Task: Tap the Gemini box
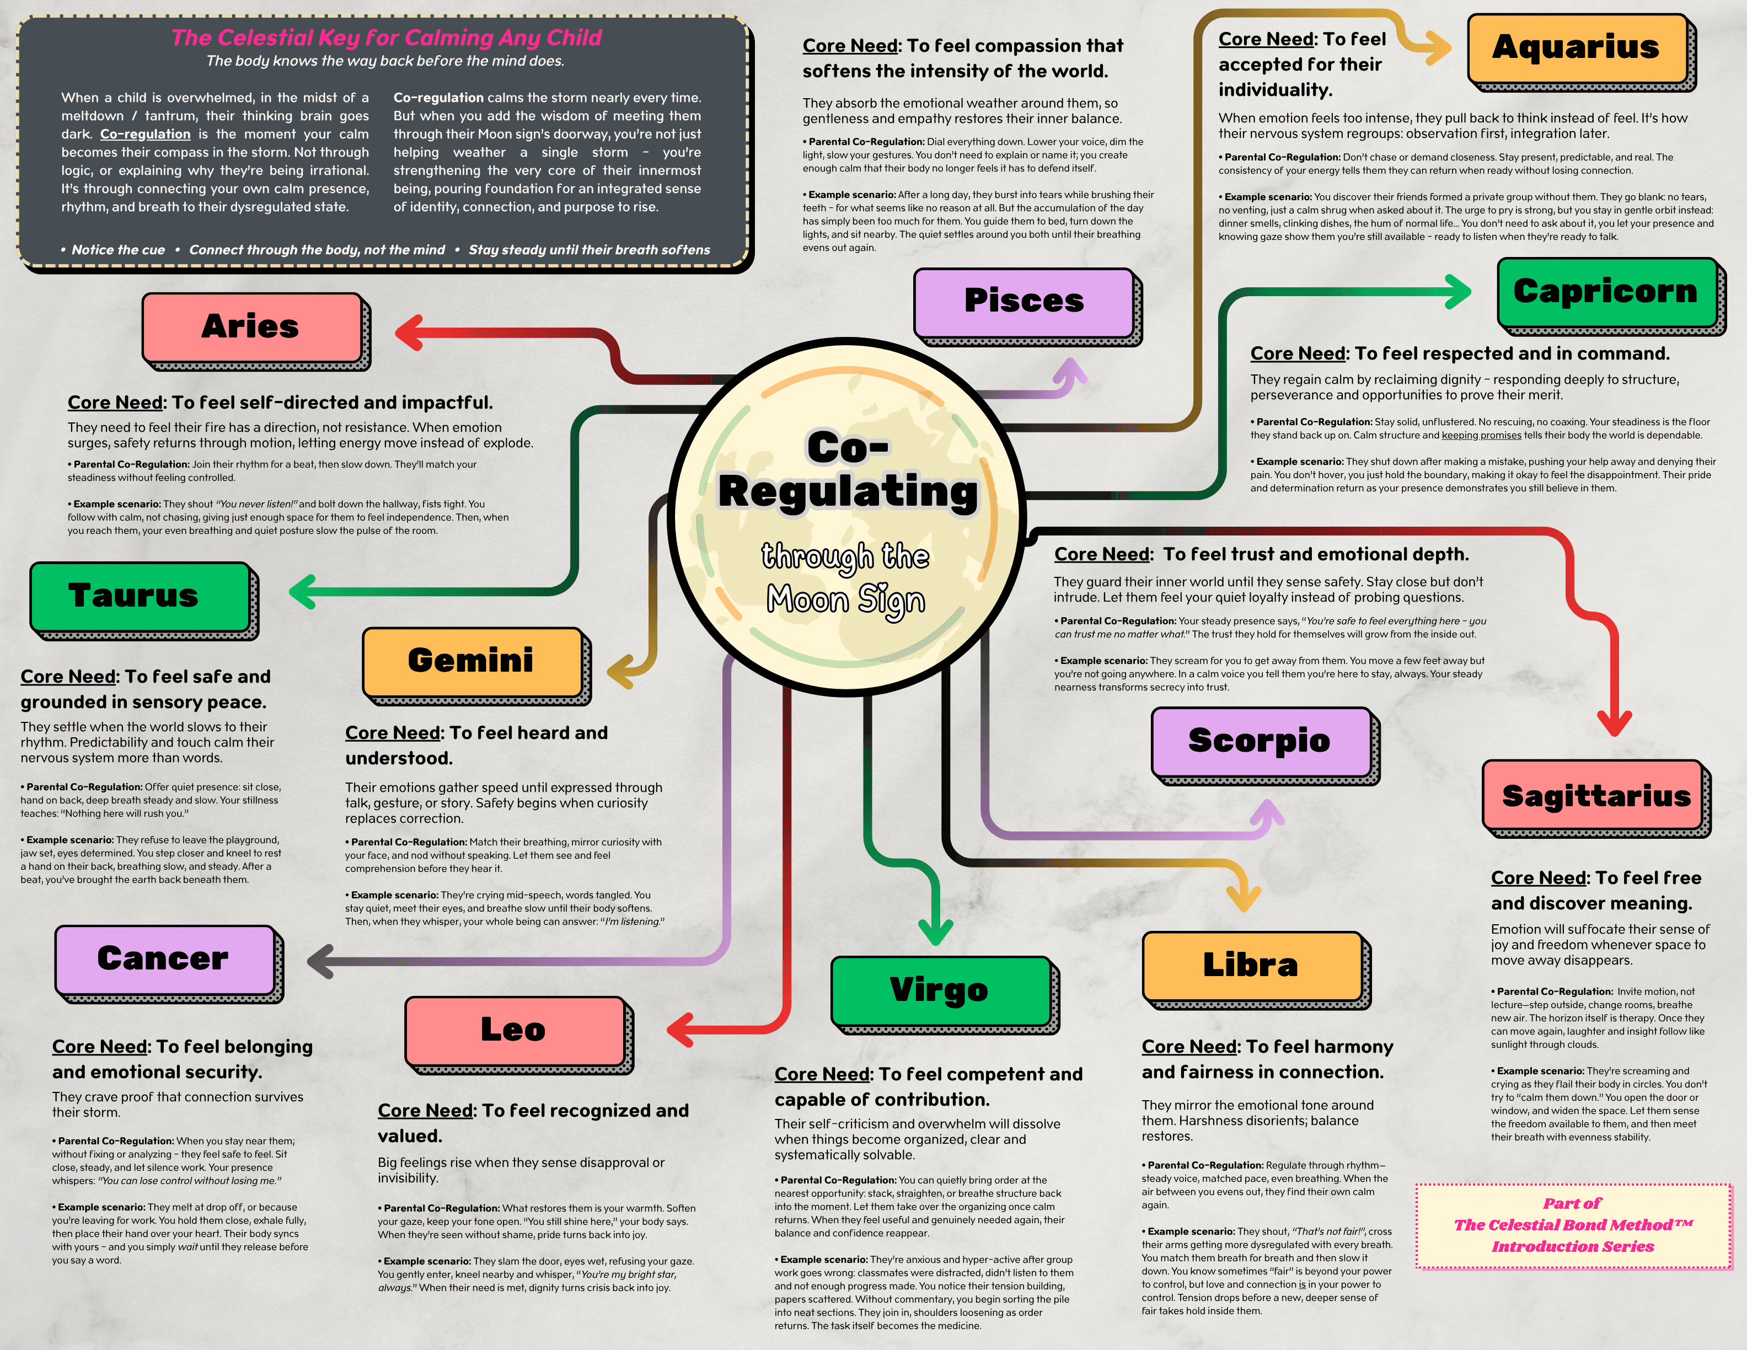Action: (x=472, y=661)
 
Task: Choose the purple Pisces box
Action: (x=1024, y=302)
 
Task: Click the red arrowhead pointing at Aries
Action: (x=409, y=333)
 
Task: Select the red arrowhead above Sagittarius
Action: (x=1614, y=723)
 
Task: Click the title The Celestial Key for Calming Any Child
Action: (x=387, y=37)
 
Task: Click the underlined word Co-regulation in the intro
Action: (x=145, y=135)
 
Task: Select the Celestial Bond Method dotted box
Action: (x=1573, y=1225)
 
